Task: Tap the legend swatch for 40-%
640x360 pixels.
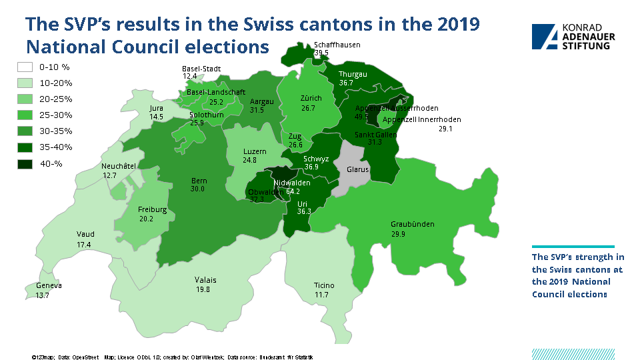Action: (25, 163)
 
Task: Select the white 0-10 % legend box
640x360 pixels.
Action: (25, 67)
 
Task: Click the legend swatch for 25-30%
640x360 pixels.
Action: (25, 115)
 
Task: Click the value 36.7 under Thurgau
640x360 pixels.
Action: (346, 83)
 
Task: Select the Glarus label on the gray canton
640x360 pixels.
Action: (357, 169)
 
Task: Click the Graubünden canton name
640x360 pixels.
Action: (412, 224)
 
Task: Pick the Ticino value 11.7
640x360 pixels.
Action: (322, 295)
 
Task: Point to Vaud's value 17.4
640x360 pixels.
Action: (83, 245)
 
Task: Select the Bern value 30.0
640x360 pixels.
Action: (197, 189)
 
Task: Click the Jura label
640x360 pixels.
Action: (156, 107)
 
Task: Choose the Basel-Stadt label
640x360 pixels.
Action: (201, 68)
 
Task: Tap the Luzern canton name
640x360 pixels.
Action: (254, 151)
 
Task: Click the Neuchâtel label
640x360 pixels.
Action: (119, 166)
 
